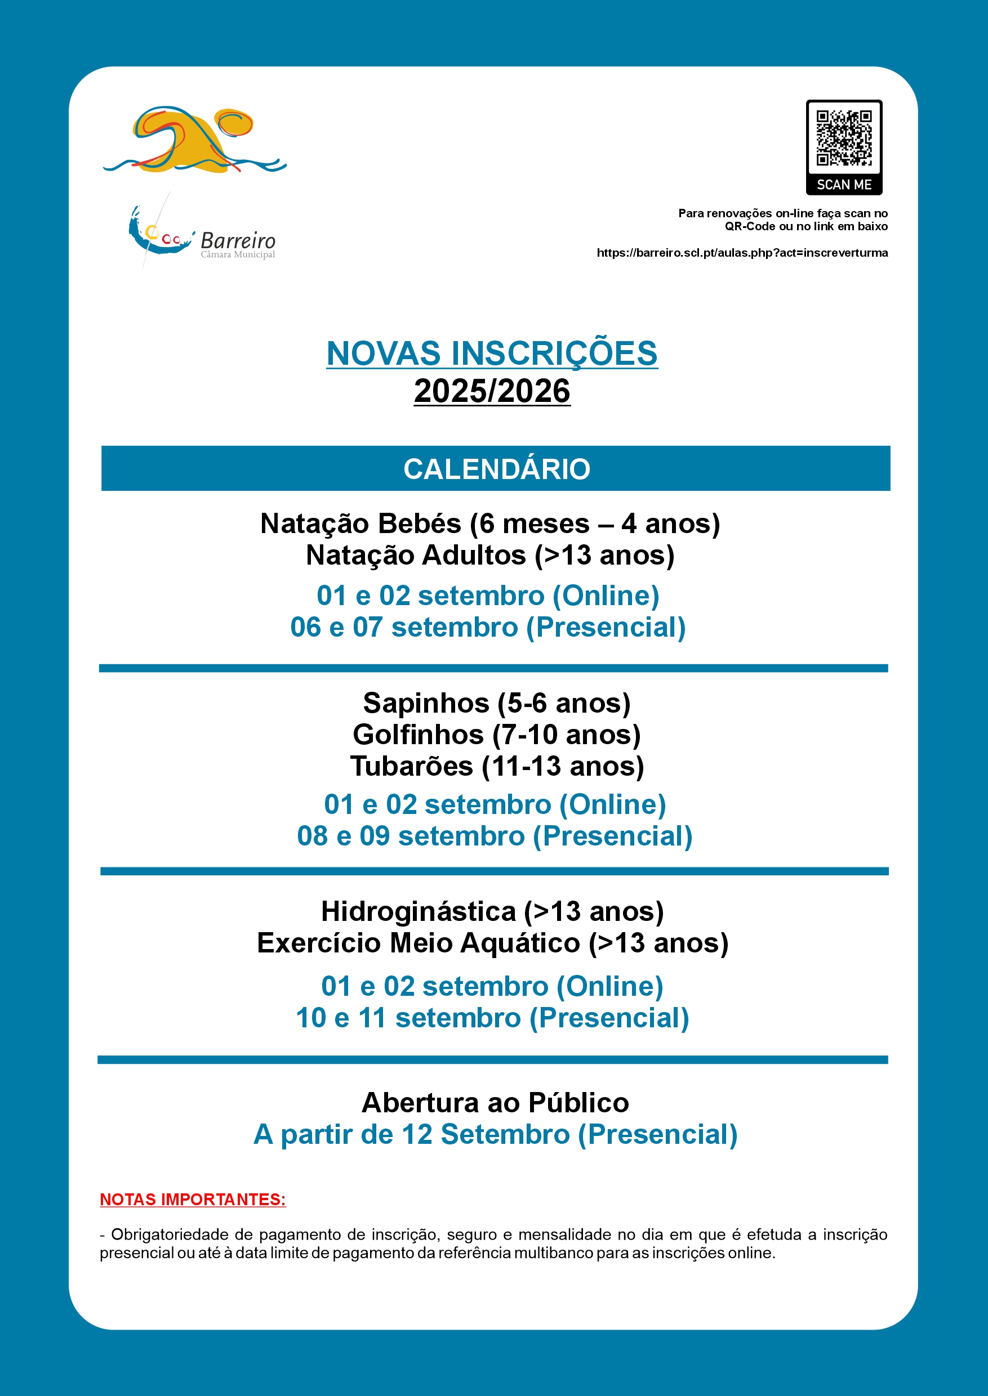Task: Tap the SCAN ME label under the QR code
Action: tap(844, 184)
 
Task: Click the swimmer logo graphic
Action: tap(193, 141)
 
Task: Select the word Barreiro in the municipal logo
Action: tap(238, 241)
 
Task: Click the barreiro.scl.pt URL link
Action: tap(742, 252)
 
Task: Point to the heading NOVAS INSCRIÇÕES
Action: tap(492, 354)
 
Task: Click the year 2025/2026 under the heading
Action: tap(492, 391)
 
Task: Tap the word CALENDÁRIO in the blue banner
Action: tap(496, 469)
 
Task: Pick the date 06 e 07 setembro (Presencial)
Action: tap(488, 627)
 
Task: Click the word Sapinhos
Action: tap(426, 704)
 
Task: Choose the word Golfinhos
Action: tap(418, 735)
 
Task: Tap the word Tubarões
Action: tap(411, 766)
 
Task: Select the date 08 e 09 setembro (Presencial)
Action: tap(495, 836)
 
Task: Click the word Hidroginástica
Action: tap(419, 911)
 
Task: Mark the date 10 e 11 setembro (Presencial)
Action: tap(492, 1018)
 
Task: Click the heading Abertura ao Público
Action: tap(495, 1102)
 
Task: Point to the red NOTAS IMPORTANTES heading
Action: tap(192, 1199)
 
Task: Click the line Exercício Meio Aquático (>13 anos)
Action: tap(492, 943)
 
